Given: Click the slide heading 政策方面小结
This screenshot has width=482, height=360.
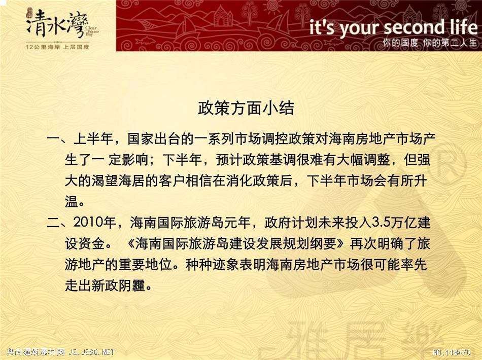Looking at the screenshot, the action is click(x=246, y=108).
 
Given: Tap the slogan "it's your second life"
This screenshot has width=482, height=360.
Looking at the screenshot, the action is click(x=393, y=27).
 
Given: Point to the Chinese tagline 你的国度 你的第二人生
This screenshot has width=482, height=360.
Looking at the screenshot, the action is click(x=429, y=43).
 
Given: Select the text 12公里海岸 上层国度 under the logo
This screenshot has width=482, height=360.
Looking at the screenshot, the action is click(x=57, y=47).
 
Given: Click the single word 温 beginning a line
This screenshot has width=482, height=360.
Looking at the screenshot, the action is click(x=72, y=201).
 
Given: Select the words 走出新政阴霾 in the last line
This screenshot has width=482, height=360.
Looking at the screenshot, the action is click(x=105, y=285).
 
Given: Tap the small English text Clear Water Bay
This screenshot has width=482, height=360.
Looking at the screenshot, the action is click(x=92, y=31).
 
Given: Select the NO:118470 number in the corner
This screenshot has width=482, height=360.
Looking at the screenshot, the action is click(x=452, y=352).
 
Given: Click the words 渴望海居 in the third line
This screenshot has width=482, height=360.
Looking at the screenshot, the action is click(x=118, y=181).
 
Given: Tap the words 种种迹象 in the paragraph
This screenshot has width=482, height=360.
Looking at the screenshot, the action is click(x=213, y=265).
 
